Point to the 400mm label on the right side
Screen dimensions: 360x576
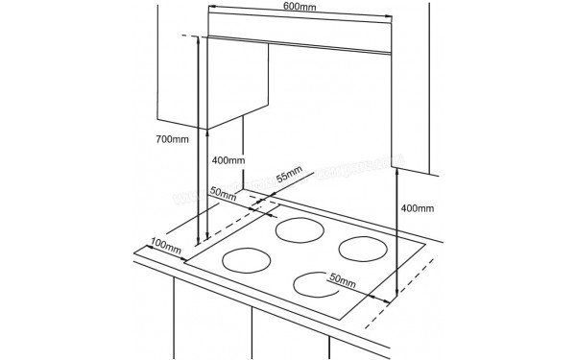(415, 207)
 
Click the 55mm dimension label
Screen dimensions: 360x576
(288, 177)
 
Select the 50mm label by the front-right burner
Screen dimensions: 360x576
(343, 280)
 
